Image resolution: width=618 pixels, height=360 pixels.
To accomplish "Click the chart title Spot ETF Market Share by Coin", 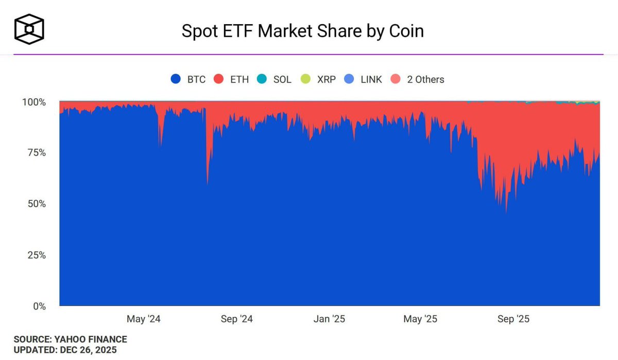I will [303, 31].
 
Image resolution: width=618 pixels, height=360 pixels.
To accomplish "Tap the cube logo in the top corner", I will [29, 29].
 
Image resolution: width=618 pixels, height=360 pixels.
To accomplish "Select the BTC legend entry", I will [188, 79].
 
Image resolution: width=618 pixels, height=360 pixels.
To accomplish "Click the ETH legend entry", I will [232, 79].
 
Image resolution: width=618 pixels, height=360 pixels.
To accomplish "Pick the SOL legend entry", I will [274, 79].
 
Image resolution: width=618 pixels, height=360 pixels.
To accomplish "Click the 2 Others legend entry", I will [417, 79].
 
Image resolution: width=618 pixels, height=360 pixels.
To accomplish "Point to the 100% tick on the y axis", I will [34, 102].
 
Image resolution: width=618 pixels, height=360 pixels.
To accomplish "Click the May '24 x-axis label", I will [144, 319].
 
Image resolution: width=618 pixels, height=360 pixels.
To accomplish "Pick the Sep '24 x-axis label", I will [237, 319].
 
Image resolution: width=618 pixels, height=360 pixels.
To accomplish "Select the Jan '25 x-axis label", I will [329, 319].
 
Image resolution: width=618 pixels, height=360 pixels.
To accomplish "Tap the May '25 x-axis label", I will [420, 319].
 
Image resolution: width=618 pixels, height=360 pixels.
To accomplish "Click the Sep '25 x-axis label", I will [513, 319].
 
